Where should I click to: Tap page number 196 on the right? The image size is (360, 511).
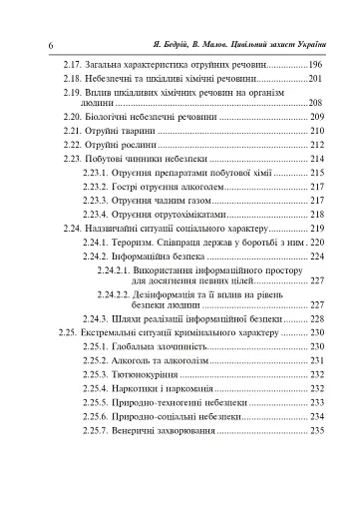click(x=316, y=63)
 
